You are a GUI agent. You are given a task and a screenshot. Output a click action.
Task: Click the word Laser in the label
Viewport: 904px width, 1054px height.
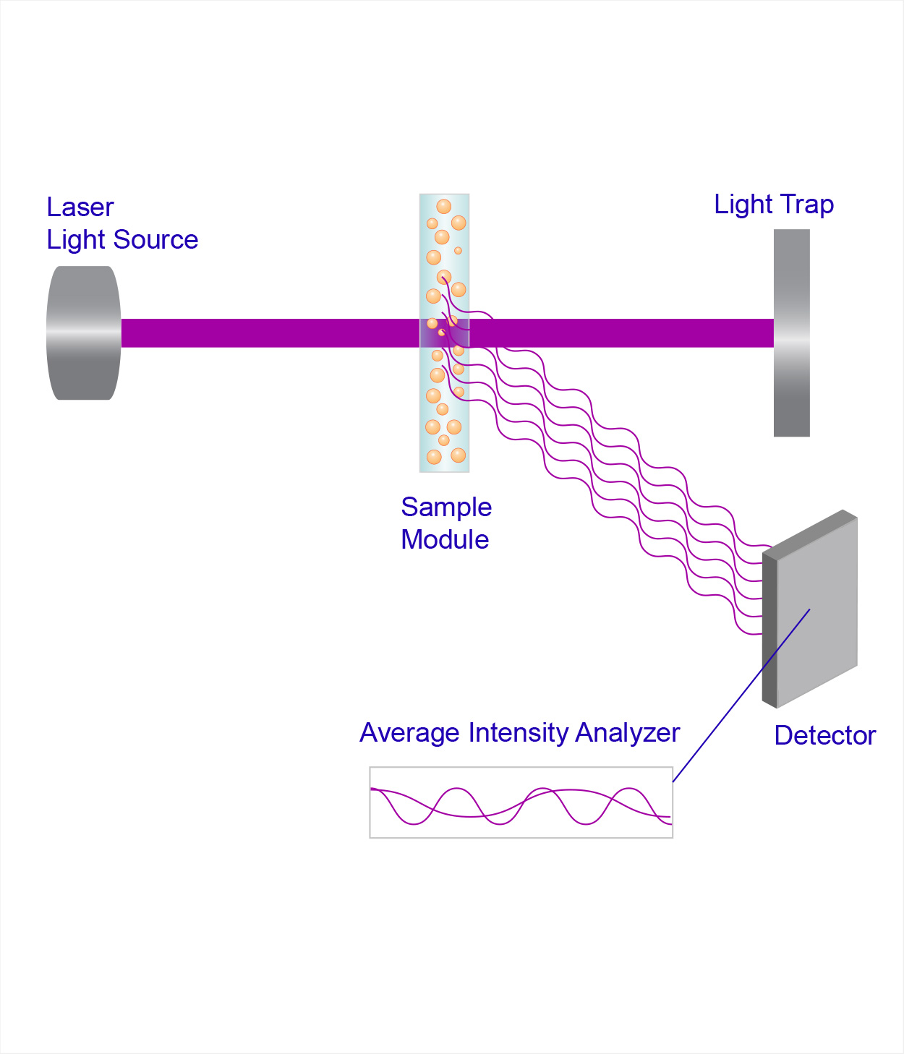tap(80, 207)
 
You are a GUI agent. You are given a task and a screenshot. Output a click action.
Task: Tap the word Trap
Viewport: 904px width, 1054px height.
tap(807, 205)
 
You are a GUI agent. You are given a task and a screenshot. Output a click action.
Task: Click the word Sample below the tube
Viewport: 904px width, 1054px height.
tap(446, 507)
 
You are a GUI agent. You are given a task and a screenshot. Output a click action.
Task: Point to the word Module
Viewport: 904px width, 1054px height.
tap(445, 540)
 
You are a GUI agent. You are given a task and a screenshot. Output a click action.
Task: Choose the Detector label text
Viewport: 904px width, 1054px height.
tap(824, 736)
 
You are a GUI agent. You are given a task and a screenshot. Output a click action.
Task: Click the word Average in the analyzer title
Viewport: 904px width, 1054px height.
tap(410, 733)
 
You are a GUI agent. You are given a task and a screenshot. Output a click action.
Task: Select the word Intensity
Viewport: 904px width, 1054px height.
tap(519, 733)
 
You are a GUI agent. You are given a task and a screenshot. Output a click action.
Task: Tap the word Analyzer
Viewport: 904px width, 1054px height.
tap(628, 733)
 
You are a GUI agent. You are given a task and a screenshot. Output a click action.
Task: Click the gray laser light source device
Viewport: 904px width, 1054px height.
tap(83, 333)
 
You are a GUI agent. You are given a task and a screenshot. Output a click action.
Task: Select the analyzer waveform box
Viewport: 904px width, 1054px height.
tap(521, 802)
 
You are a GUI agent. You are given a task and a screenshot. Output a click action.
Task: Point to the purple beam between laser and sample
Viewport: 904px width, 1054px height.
tap(268, 333)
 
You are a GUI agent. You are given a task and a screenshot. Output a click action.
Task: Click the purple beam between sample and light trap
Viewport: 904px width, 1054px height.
tap(622, 333)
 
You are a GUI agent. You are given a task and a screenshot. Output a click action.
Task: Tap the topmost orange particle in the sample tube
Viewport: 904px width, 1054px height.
tap(443, 207)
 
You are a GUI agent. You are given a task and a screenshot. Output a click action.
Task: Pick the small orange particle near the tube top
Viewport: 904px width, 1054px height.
tap(458, 251)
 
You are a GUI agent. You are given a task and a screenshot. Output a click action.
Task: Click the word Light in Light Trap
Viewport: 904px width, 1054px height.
tap(743, 205)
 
